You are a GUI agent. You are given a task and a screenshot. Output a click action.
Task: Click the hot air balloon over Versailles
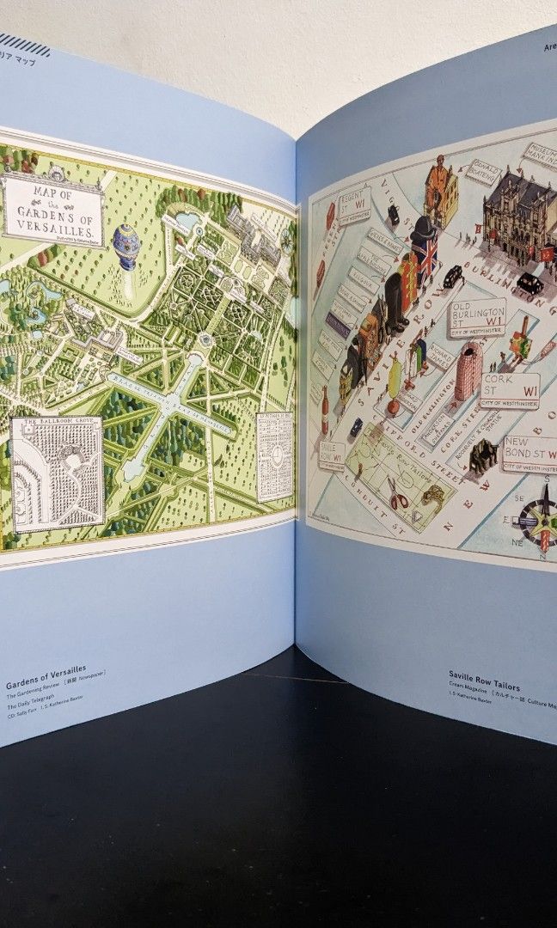click(x=125, y=246)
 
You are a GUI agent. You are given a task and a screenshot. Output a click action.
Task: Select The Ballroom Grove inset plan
click(x=58, y=473)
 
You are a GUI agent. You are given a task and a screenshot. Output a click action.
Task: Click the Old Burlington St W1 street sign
click(x=476, y=318)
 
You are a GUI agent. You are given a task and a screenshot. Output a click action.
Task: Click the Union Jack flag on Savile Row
click(x=425, y=254)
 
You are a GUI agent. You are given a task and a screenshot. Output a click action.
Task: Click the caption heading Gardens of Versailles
click(x=46, y=685)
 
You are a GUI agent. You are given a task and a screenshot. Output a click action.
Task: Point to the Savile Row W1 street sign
click(x=332, y=455)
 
